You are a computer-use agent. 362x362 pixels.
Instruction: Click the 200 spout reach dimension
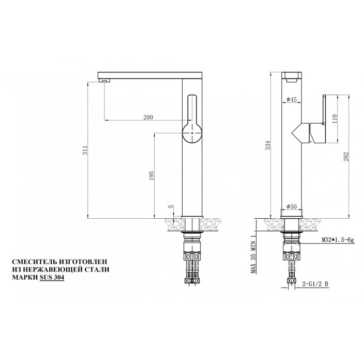(147, 117)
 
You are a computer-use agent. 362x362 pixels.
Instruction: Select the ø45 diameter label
(291, 100)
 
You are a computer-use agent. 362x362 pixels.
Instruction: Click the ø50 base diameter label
(291, 207)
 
